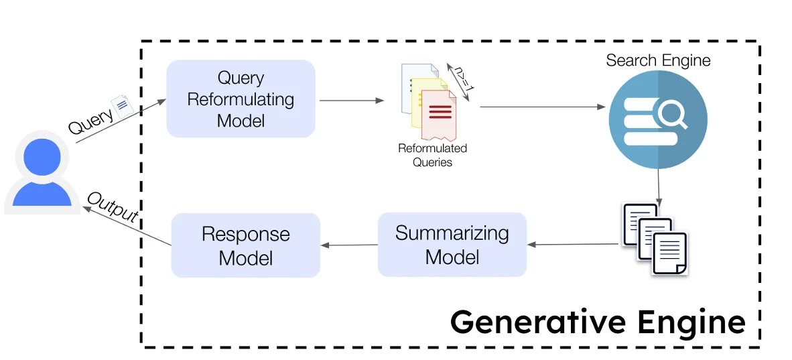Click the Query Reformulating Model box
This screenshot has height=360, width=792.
pyautogui.click(x=241, y=99)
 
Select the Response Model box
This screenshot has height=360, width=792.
pyautogui.click(x=245, y=245)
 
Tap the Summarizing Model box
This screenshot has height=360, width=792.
pyautogui.click(x=452, y=245)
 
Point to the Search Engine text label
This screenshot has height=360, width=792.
pyautogui.click(x=657, y=60)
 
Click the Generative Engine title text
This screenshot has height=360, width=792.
pyautogui.click(x=597, y=322)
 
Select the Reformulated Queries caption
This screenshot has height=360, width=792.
pyautogui.click(x=432, y=155)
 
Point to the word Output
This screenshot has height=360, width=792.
pyautogui.click(x=113, y=208)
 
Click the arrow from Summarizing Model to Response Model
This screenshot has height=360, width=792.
pyautogui.click(x=349, y=245)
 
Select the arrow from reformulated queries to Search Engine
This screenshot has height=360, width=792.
pyautogui.click(x=541, y=107)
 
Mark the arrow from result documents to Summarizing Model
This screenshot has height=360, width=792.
pyautogui.click(x=574, y=244)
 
